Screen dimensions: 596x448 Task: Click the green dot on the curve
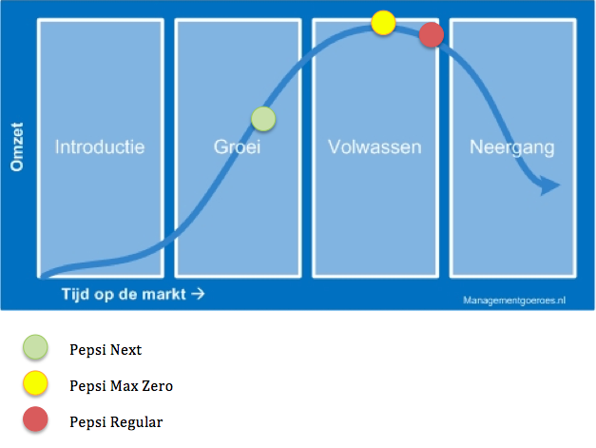(x=263, y=119)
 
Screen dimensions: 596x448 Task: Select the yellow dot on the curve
(x=383, y=23)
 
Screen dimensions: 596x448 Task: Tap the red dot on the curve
(x=432, y=35)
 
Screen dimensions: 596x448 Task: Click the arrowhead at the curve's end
(x=549, y=185)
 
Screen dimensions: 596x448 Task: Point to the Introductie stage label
(x=100, y=147)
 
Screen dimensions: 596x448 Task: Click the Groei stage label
(x=237, y=148)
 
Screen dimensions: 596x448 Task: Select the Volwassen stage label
(x=375, y=147)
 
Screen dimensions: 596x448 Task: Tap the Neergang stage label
(x=511, y=147)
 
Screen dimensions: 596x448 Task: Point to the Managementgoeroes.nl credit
(x=514, y=299)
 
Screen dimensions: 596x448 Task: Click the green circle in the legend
(x=36, y=349)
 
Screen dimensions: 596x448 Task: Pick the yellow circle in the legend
(x=36, y=385)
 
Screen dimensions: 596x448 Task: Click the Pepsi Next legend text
(x=106, y=350)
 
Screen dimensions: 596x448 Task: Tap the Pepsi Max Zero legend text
(x=121, y=386)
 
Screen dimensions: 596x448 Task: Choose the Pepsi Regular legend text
(x=116, y=421)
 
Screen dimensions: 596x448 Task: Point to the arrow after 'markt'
(x=198, y=294)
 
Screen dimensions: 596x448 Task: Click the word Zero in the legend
(x=157, y=386)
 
